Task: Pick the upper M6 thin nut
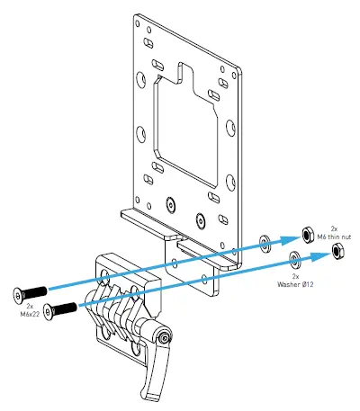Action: click(x=306, y=231)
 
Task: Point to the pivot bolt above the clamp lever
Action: click(x=166, y=337)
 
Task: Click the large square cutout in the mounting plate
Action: click(x=187, y=125)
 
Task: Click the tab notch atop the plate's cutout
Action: click(x=190, y=73)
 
